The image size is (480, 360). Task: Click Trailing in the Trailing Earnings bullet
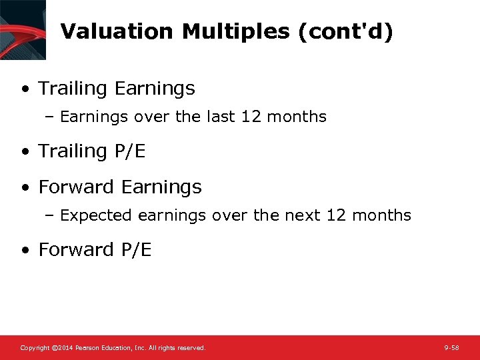pyautogui.click(x=73, y=88)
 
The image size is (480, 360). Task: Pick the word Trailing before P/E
pyautogui.click(x=73, y=151)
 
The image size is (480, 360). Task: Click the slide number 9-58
pyautogui.click(x=451, y=348)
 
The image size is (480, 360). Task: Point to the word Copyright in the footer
pyautogui.click(x=35, y=348)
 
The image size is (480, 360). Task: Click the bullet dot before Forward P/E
pyautogui.click(x=25, y=250)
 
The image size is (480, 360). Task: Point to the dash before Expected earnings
pyautogui.click(x=52, y=215)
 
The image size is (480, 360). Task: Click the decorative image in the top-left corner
pyautogui.click(x=23, y=29)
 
